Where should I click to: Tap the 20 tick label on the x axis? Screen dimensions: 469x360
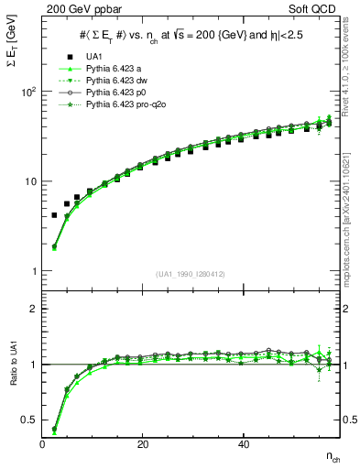click(x=143, y=444)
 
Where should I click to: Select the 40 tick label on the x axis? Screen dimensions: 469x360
click(x=243, y=444)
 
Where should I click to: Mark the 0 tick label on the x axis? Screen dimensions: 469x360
click(x=43, y=444)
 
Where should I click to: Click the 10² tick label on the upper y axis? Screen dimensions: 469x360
click(x=27, y=92)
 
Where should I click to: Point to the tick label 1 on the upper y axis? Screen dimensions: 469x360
click(x=33, y=271)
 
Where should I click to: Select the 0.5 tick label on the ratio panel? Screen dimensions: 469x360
click(x=27, y=420)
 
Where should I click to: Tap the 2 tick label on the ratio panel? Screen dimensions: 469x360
click(x=33, y=309)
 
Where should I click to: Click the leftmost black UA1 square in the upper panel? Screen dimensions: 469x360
click(x=54, y=215)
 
